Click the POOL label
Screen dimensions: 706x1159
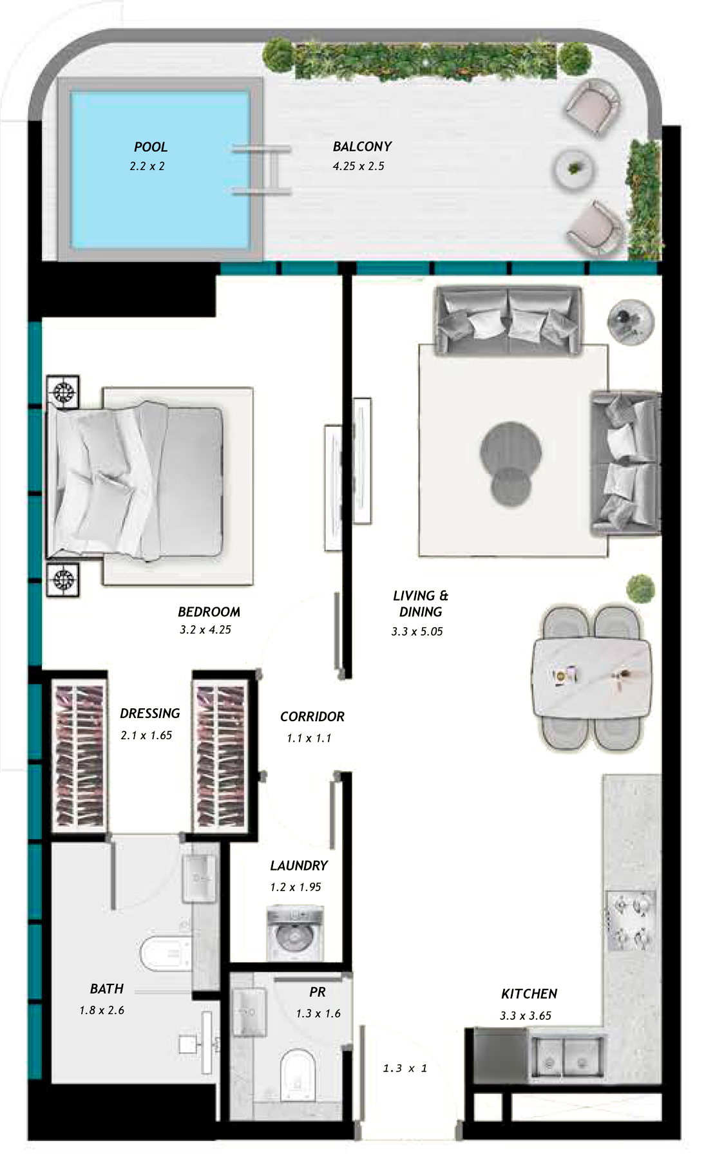pyautogui.click(x=151, y=147)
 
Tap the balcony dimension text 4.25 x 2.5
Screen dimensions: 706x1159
pyautogui.click(x=358, y=166)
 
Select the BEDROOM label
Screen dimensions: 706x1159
pyautogui.click(x=209, y=612)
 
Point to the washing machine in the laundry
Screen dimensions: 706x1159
pyautogui.click(x=295, y=933)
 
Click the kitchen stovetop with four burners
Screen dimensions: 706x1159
pyautogui.click(x=631, y=921)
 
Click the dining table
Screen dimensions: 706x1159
pyautogui.click(x=591, y=679)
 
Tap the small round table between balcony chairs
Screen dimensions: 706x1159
pyautogui.click(x=575, y=169)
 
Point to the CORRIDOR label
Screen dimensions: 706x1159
pyautogui.click(x=312, y=717)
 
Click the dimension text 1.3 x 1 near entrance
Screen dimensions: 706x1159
pyautogui.click(x=405, y=1068)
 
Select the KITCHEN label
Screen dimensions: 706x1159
pyautogui.click(x=529, y=994)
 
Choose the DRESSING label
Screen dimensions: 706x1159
pyautogui.click(x=150, y=713)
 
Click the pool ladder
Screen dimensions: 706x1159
pyautogui.click(x=263, y=170)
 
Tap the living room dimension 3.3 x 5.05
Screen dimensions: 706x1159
pyautogui.click(x=417, y=632)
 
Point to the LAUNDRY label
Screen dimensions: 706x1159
pyautogui.click(x=299, y=865)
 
